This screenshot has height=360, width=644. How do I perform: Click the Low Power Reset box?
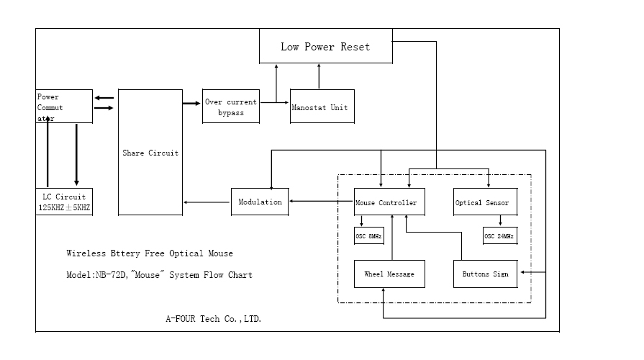pos(325,47)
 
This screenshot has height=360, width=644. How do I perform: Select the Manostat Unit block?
pos(322,107)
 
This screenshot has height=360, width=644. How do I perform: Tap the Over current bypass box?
pos(230,107)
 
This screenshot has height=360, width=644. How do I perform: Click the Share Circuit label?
pos(150,153)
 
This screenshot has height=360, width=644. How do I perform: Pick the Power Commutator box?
pos(64,106)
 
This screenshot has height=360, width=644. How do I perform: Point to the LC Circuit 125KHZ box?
pos(64,202)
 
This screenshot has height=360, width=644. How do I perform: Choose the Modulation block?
pos(260,202)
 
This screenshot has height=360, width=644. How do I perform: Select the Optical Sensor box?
pos(481,202)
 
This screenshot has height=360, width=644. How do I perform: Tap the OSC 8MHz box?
pos(369,235)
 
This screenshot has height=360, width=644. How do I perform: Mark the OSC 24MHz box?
pos(499,235)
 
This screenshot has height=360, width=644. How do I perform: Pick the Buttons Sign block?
pos(485,274)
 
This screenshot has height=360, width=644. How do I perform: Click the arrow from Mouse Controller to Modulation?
pos(321,202)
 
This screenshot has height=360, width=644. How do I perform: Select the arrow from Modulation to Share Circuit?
pos(207,202)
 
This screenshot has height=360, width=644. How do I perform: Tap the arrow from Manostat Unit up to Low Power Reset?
pos(318,76)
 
